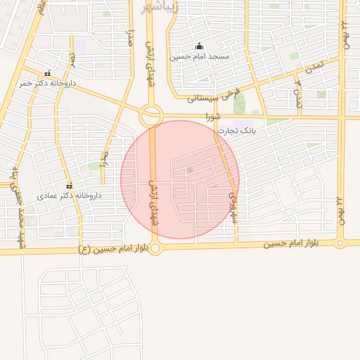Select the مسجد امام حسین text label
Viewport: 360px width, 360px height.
click(x=202, y=56)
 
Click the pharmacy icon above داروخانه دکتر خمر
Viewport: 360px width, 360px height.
click(x=47, y=73)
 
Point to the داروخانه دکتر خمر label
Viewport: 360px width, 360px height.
click(x=48, y=83)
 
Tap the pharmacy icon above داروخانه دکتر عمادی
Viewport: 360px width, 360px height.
click(x=69, y=186)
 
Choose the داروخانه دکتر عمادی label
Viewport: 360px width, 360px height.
click(x=70, y=195)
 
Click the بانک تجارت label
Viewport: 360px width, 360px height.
click(x=235, y=131)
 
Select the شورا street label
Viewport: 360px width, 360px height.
click(x=212, y=115)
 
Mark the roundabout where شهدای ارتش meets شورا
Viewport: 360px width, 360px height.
click(x=150, y=115)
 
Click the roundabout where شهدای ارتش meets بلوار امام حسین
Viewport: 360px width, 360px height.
click(x=156, y=247)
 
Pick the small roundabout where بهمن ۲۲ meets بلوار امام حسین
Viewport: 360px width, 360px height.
click(x=340, y=244)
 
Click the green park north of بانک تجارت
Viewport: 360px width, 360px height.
click(x=240, y=103)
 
